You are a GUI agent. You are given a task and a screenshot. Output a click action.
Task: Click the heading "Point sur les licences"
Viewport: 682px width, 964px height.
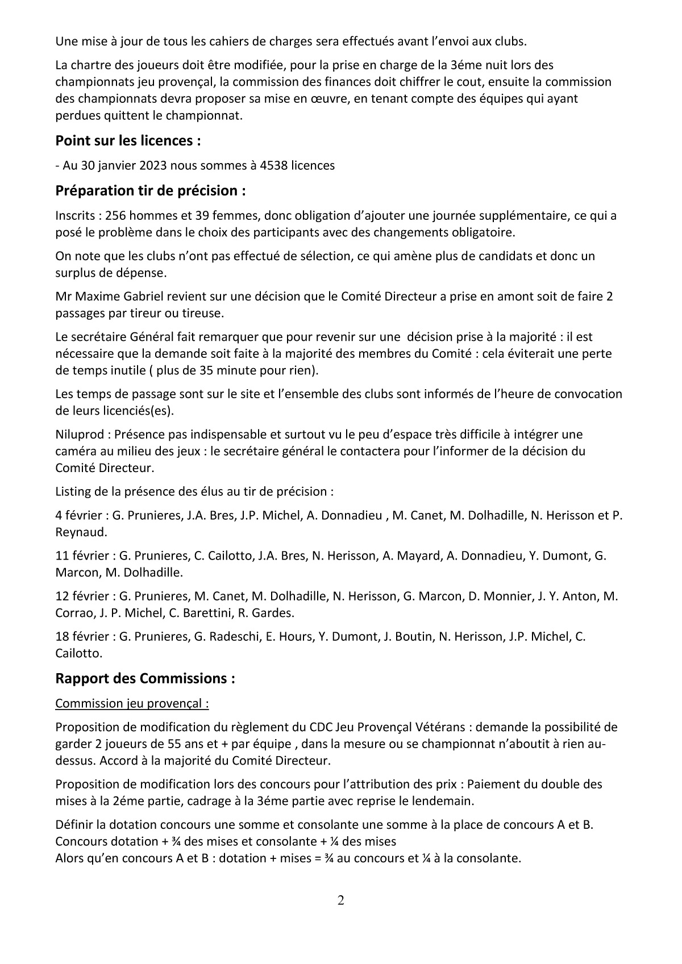[128, 140]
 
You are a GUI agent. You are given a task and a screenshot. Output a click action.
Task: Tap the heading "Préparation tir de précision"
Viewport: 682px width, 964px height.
[150, 191]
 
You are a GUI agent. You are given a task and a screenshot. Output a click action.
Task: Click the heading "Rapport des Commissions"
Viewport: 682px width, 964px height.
[145, 679]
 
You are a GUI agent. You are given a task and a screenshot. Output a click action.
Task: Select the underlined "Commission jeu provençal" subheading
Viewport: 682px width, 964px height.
[132, 703]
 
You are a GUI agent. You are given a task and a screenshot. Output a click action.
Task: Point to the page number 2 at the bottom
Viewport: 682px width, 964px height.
[340, 900]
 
